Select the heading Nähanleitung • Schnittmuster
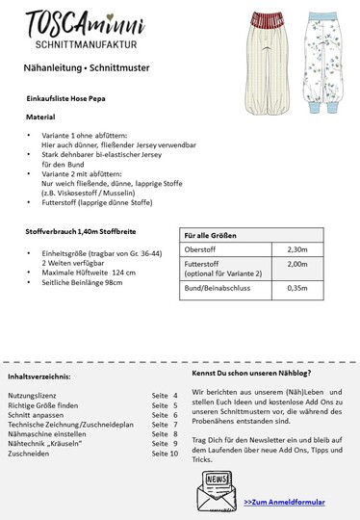[80, 69]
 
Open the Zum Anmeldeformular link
[284, 502]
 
